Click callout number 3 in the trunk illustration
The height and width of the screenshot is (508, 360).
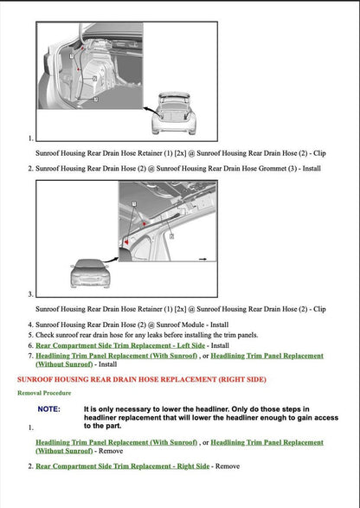95,99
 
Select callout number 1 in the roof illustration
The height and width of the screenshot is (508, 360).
134,201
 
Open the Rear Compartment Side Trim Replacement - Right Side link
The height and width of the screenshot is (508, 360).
122,466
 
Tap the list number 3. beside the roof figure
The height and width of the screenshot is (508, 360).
31,294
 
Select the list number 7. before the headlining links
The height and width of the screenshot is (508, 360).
31,356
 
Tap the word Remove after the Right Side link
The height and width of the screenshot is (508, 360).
227,466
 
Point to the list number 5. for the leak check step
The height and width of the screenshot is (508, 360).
31,334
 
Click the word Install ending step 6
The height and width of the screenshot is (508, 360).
220,344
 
